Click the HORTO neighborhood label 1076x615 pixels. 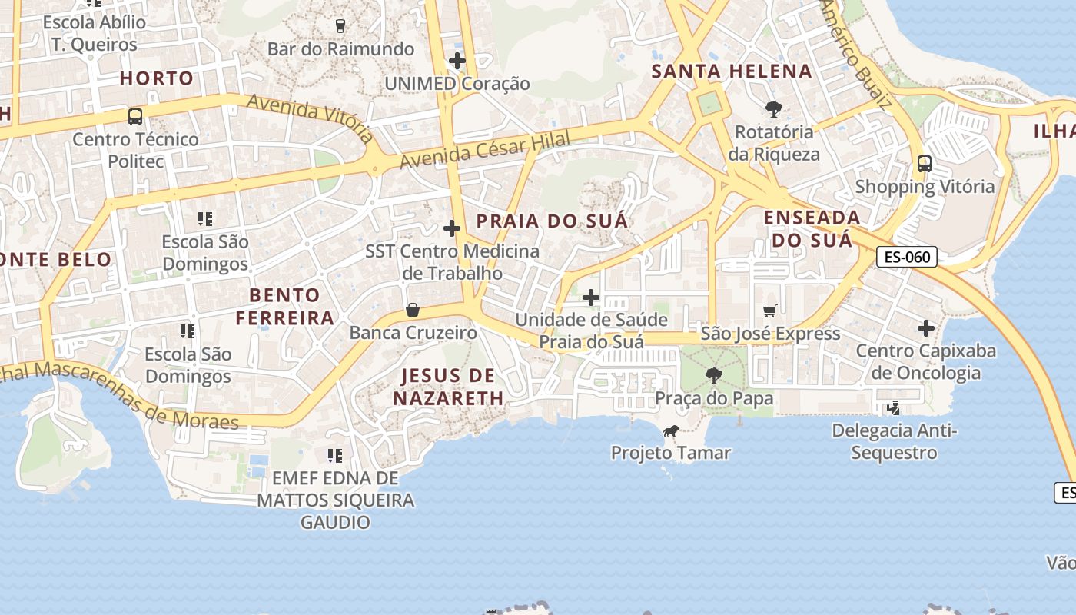[157, 78]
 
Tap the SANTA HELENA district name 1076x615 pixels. [732, 71]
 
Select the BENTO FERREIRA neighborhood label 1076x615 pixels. [285, 306]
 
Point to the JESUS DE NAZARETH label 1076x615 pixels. [449, 387]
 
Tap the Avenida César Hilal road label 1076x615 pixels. [485, 151]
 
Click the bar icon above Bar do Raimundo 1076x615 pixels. [341, 25]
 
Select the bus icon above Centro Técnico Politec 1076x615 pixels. [135, 117]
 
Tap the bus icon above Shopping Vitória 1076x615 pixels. [925, 164]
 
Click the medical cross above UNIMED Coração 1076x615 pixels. [457, 60]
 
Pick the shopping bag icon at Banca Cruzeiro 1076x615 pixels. [413, 310]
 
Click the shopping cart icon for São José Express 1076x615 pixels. [770, 311]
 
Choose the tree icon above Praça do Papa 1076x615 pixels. [714, 376]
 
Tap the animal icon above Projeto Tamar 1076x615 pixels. [670, 430]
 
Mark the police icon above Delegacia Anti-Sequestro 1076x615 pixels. [894, 407]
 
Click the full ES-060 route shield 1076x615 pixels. [907, 257]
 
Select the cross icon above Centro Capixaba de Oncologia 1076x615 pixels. [926, 328]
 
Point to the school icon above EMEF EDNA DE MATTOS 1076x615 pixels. [334, 455]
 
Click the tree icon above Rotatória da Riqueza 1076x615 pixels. [773, 108]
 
